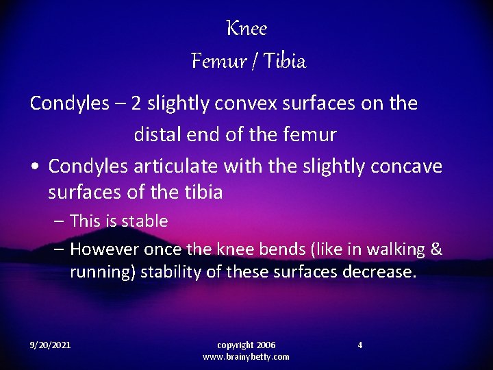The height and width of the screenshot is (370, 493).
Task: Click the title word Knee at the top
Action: point(246,29)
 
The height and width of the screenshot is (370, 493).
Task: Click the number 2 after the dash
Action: point(136,103)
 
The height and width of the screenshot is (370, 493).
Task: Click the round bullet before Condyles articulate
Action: point(34,167)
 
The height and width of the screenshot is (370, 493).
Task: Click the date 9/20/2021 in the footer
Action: point(50,345)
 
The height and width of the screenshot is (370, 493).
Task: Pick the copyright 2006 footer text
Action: point(246,345)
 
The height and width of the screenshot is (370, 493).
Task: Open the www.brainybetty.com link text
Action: point(246,357)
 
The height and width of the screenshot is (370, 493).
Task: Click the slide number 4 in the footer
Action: point(360,345)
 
